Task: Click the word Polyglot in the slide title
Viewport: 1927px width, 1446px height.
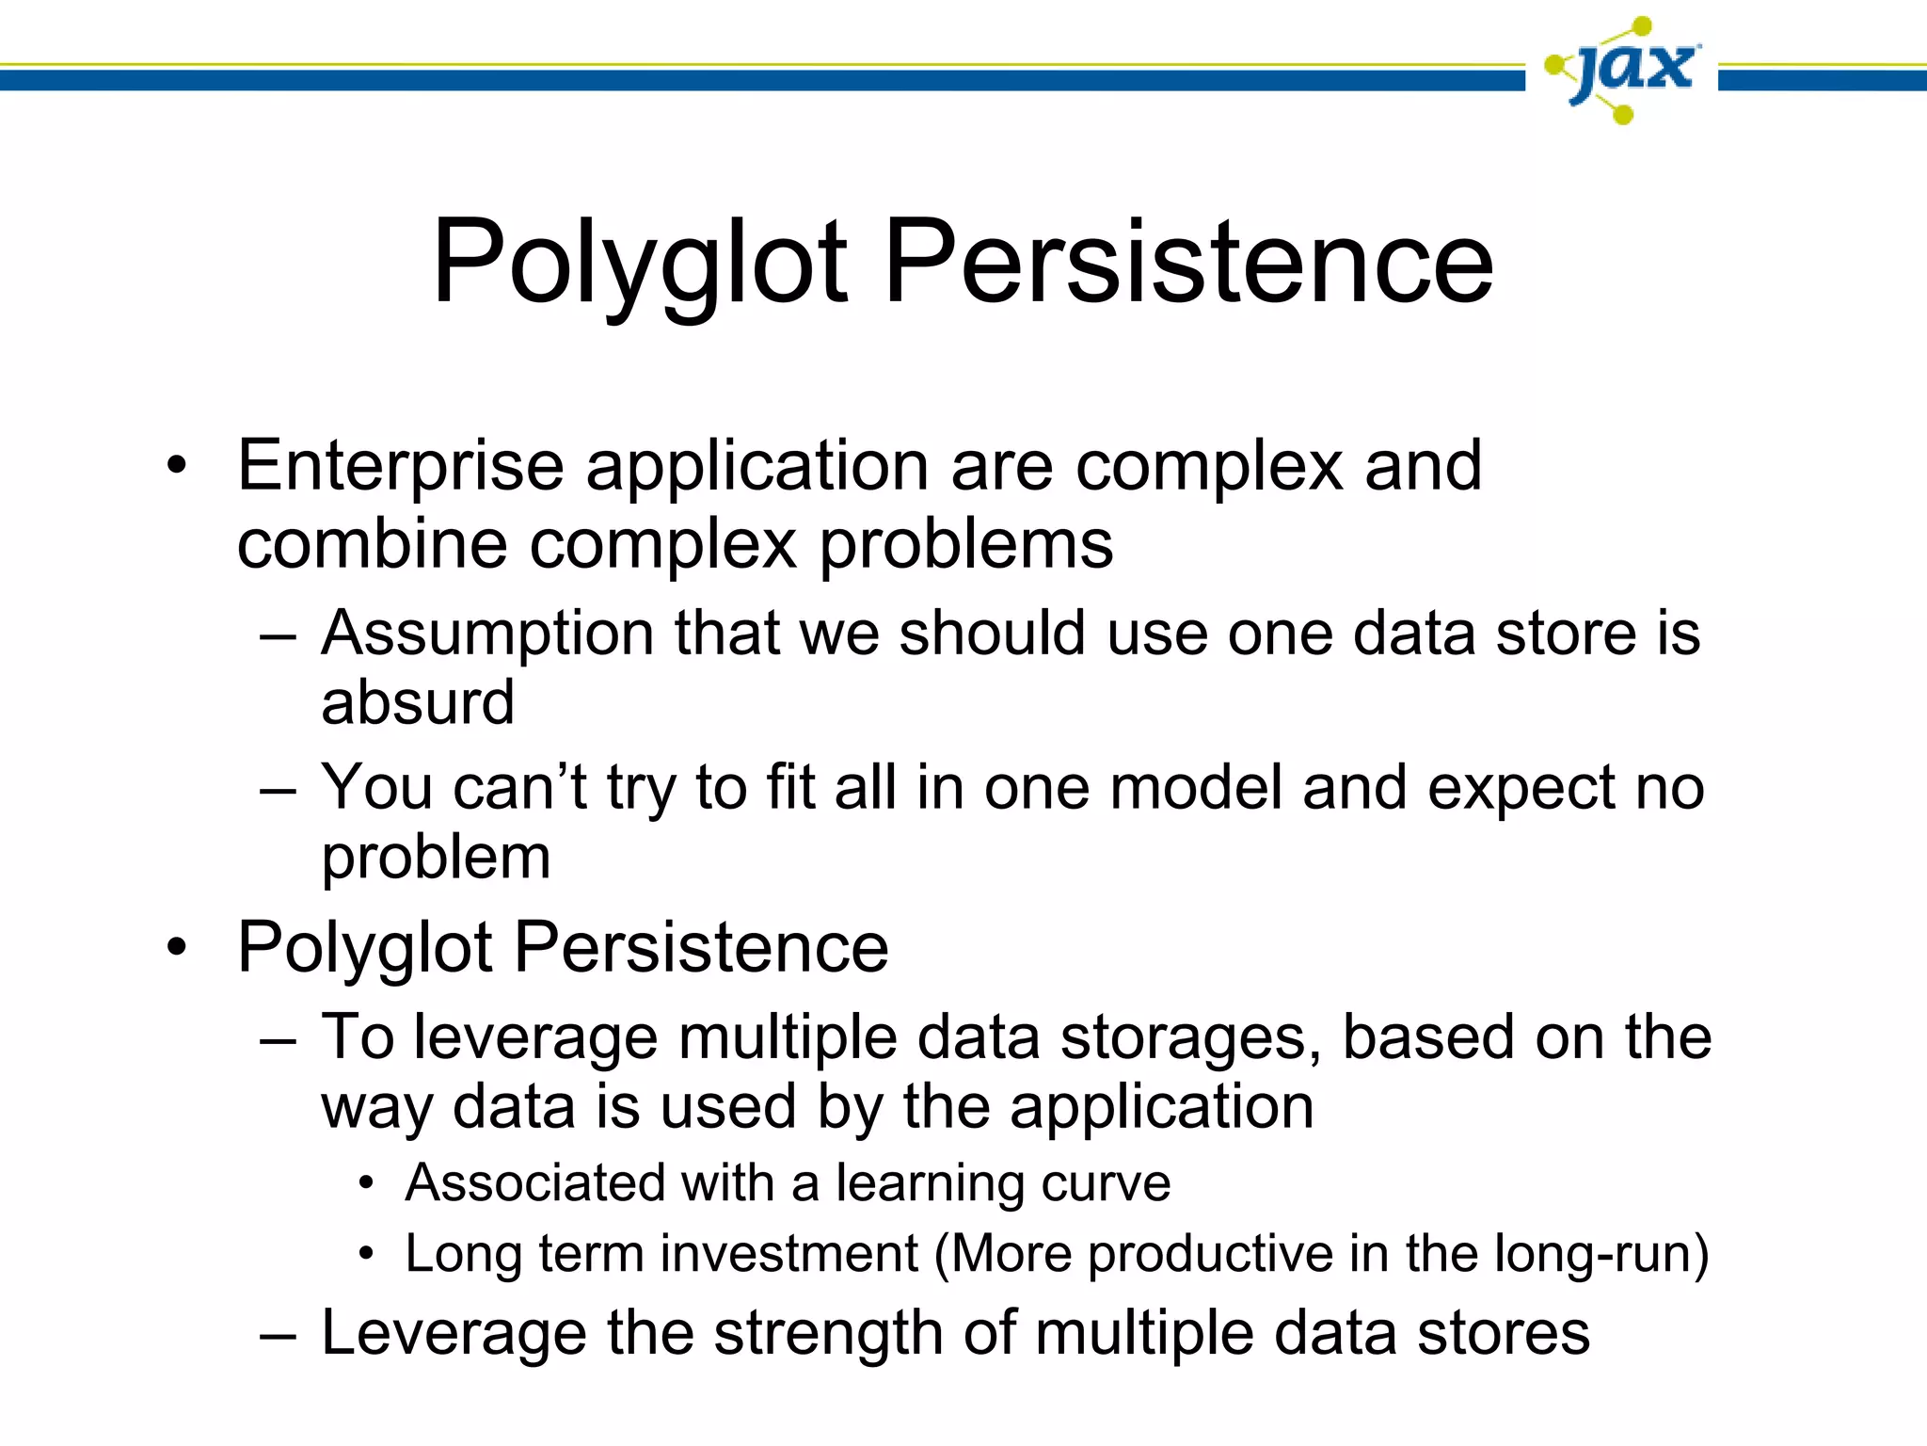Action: click(x=640, y=264)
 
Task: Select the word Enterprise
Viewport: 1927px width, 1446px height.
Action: click(x=400, y=467)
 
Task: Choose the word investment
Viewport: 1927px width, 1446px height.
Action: click(x=788, y=1254)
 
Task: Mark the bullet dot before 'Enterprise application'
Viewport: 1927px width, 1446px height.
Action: click(x=177, y=466)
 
